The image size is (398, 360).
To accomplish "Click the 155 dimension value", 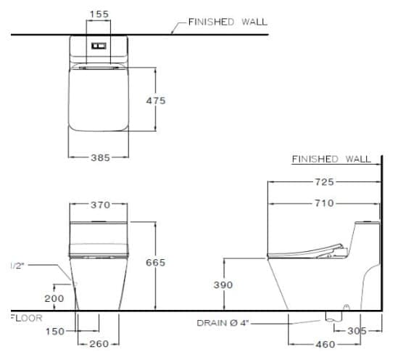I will [99, 14].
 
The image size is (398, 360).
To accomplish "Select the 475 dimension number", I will [156, 101].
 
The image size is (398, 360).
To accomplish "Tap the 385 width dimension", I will [99, 157].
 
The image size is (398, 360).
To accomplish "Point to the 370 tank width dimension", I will [100, 205].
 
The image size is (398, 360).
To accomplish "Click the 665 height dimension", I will [156, 262].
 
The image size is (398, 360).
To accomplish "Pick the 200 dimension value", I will [54, 298].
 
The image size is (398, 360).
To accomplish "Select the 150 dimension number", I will [54, 331].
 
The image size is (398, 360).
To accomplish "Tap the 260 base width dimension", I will [99, 344].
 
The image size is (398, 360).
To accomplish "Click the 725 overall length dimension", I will [323, 180].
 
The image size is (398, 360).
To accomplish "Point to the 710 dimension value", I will [323, 204].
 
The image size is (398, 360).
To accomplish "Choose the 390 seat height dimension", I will [223, 285].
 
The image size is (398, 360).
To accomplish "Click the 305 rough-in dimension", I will [356, 331].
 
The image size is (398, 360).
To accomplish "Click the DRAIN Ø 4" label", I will [221, 322].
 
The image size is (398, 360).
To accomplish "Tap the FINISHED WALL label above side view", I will [331, 159].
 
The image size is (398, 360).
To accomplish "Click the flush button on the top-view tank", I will [99, 44].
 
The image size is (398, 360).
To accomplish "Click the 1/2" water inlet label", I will [14, 266].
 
